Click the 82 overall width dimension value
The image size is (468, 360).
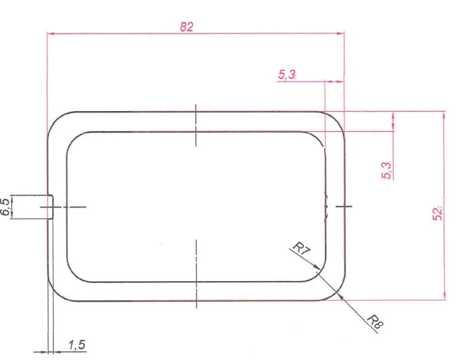pos(187,26)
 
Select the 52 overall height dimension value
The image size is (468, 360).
pos(438,213)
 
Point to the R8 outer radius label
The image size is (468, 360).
pos(374,322)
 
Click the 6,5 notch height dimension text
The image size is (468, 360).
pos(6,207)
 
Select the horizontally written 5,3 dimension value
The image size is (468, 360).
pos(287,75)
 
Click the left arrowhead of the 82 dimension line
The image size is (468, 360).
pos(51,33)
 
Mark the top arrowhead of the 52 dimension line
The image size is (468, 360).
pos(443,116)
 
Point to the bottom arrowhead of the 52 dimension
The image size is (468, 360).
pos(443,296)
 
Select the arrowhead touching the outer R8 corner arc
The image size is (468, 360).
pos(340,293)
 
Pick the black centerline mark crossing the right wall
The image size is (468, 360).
pos(343,207)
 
